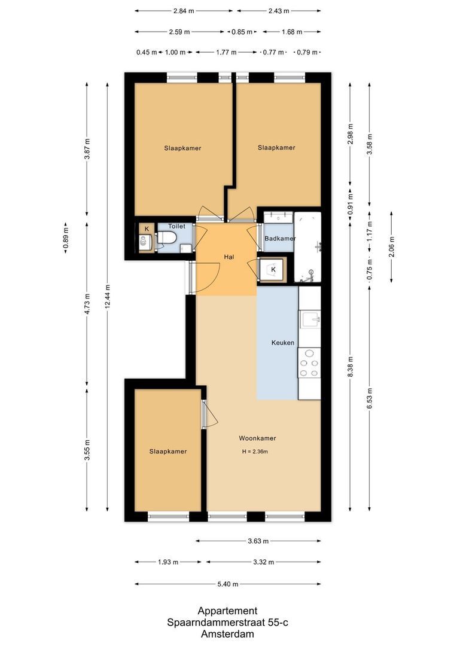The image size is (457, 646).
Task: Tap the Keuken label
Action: (283, 343)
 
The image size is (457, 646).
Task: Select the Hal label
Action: (228, 257)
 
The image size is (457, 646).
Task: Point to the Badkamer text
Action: (280, 239)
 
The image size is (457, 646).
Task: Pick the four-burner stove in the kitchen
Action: (309, 362)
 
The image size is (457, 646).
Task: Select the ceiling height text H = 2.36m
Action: (254, 452)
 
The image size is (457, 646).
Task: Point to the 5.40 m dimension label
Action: (227, 584)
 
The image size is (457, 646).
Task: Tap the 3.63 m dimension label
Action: (258, 541)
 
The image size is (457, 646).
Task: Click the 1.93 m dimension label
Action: (168, 562)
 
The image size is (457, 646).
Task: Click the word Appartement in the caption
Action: (228, 611)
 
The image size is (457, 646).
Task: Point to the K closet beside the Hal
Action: (273, 270)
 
